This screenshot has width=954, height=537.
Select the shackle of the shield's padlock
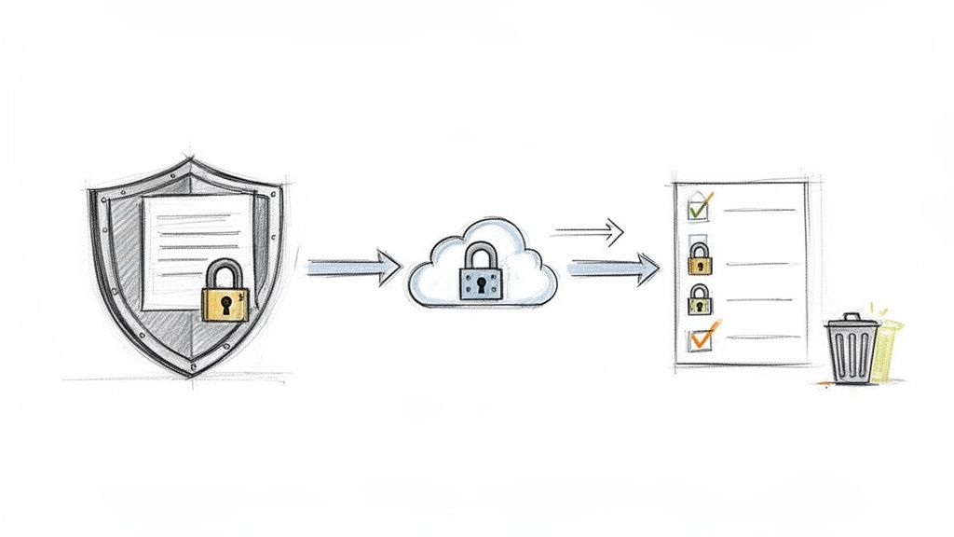pos(224,272)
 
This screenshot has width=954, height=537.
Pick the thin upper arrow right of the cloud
pos(589,230)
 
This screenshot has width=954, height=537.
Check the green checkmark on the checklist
pos(700,204)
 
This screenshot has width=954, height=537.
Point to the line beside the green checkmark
pos(759,210)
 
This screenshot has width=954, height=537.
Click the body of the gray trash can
pos(851,355)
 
